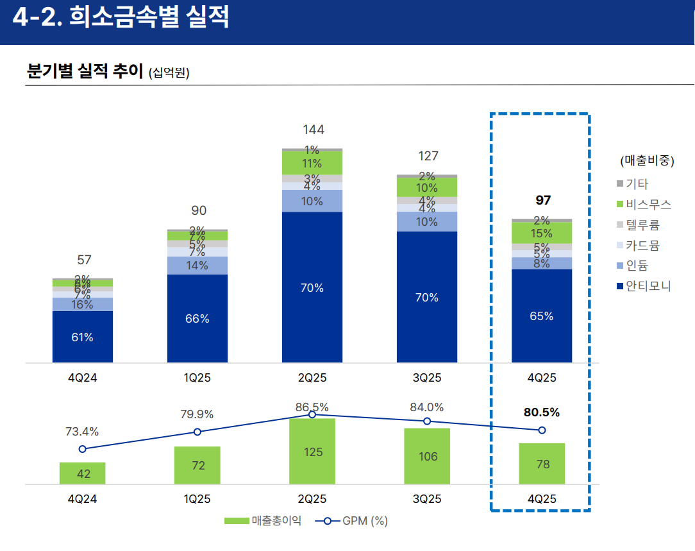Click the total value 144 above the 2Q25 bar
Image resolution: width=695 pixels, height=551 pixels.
click(314, 130)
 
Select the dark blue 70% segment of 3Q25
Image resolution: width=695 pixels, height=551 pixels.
click(426, 297)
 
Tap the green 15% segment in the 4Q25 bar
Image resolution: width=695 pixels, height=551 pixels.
click(542, 233)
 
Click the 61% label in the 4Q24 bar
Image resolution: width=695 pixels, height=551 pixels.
click(82, 337)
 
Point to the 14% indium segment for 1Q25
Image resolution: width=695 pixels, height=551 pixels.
click(197, 266)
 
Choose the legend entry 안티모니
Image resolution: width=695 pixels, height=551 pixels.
click(648, 286)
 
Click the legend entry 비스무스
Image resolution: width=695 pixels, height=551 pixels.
click(648, 205)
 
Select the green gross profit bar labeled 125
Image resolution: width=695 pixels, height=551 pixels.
click(312, 452)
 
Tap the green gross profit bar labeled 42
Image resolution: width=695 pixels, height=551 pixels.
click(83, 473)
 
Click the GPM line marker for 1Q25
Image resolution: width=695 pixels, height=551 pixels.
click(197, 432)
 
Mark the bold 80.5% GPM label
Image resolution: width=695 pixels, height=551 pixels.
click(542, 412)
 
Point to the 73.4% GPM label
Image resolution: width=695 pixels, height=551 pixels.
click(82, 431)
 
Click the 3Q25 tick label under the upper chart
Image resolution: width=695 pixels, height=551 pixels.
click(427, 378)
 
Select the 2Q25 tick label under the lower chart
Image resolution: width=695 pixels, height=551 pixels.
click(312, 499)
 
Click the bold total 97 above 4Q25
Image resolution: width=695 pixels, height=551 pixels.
click(543, 201)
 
